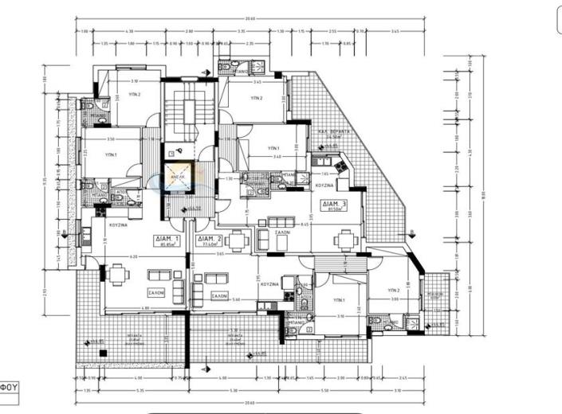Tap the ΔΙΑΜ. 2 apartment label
210,240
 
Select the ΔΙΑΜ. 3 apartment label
334,205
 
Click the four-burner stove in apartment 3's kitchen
341,165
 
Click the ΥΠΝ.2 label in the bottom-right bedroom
393,291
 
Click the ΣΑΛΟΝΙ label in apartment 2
219,295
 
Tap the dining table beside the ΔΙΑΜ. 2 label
239,239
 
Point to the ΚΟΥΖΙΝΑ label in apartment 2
268,283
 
